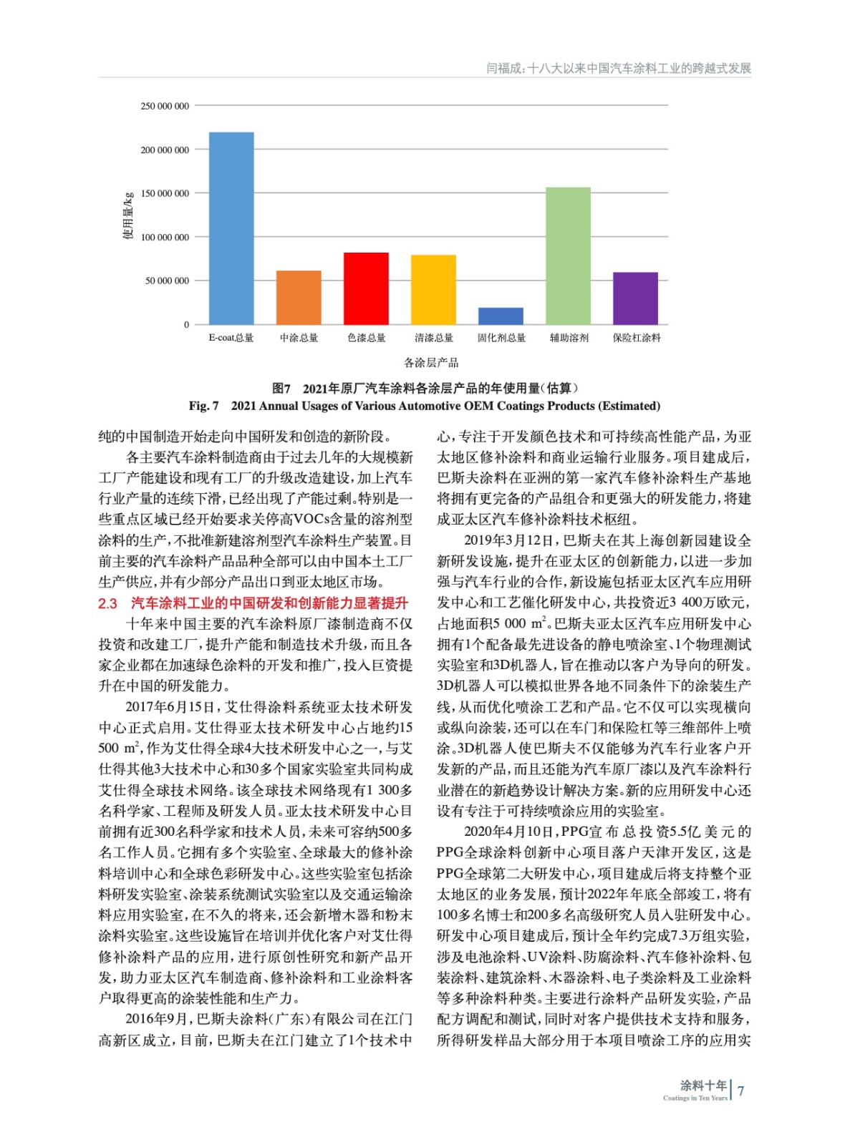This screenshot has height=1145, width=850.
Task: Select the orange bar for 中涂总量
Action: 299,297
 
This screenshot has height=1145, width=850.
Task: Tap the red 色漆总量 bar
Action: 366,288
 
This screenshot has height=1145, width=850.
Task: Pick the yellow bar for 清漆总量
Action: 433,289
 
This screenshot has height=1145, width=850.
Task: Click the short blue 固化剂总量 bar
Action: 501,316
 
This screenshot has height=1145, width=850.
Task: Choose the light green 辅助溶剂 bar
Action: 568,255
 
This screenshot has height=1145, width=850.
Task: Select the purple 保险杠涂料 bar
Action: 635,298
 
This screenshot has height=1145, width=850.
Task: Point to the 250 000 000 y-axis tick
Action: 165,106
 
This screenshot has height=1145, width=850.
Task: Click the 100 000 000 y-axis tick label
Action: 165,237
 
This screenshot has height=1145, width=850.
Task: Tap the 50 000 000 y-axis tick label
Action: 168,281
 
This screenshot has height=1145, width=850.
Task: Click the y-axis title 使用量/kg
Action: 128,215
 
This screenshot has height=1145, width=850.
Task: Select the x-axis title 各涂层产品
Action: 431,362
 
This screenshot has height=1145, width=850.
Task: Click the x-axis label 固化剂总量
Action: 501,338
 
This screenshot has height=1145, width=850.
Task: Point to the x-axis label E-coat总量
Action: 231,338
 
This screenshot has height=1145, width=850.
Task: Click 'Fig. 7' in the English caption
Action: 204,406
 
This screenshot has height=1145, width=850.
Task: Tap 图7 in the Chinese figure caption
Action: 281,389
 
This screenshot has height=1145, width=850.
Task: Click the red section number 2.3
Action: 107,603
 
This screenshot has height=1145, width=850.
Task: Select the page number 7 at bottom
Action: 741,1091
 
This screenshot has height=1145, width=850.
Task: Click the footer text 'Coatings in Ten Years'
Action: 695,1098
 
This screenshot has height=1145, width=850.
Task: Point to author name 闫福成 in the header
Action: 503,69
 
